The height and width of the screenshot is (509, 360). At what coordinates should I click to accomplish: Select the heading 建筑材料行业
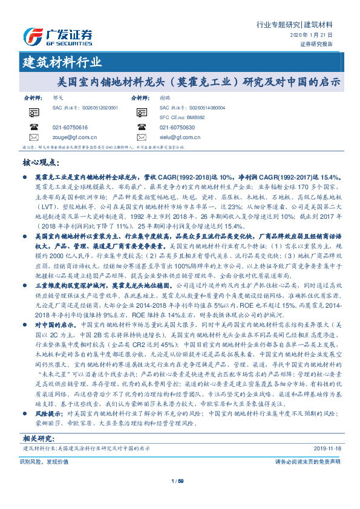[62, 62]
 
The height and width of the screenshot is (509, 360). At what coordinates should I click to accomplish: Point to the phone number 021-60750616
[71, 128]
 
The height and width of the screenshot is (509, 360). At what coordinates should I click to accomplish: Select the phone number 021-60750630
[177, 128]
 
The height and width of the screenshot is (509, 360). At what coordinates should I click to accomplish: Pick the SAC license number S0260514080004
[199, 107]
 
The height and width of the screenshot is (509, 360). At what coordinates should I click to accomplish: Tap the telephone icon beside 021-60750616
[34, 128]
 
